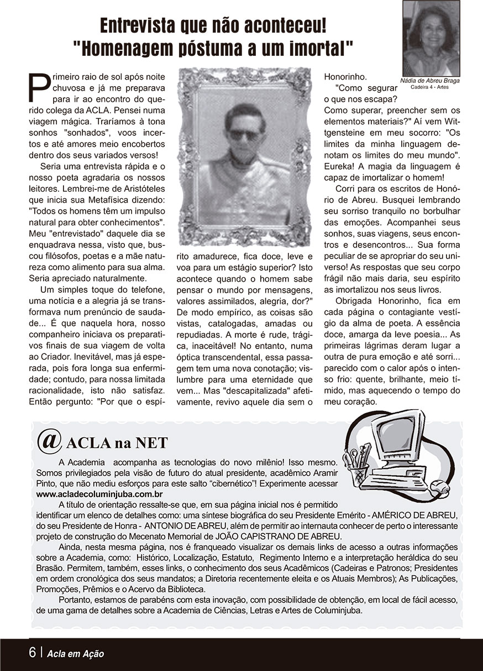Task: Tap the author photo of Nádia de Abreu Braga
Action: point(431,38)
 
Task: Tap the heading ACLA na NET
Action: point(117,443)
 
